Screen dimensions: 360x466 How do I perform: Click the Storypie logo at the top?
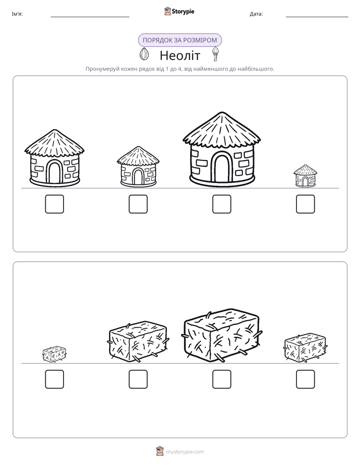tap(179, 11)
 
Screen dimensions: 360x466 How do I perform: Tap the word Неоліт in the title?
tap(180, 55)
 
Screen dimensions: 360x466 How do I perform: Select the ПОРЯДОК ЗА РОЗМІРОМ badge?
tap(179, 40)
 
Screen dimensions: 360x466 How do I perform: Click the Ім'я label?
tap(17, 14)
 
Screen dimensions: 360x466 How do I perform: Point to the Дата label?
tap(256, 14)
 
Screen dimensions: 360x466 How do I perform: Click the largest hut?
tap(221, 149)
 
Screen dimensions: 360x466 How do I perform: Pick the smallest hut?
tap(305, 176)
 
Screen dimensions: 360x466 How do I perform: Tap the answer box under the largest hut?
tap(221, 204)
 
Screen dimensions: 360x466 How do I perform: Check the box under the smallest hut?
tap(306, 204)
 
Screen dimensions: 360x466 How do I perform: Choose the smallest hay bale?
tap(54, 354)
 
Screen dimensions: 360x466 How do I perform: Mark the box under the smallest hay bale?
tap(54, 379)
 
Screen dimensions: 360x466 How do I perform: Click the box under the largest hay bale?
tap(221, 379)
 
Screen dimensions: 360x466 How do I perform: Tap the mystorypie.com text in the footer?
tap(185, 452)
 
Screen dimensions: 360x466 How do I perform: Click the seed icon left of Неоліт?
tap(144, 54)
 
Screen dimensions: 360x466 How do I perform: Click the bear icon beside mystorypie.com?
tap(160, 451)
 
